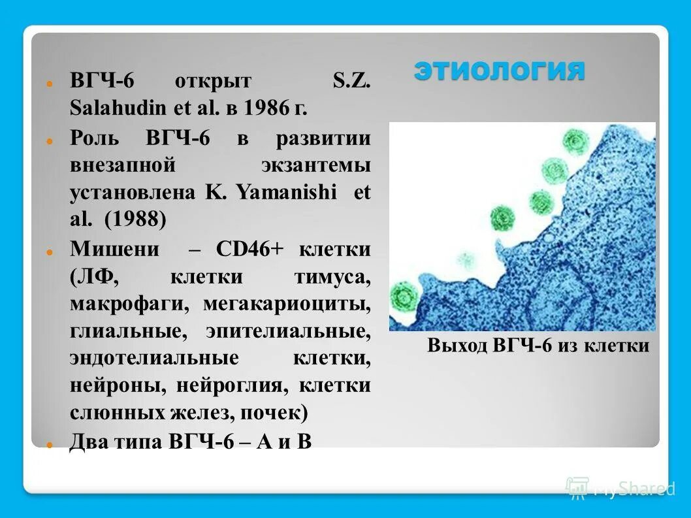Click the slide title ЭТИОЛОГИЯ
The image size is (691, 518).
click(499, 71)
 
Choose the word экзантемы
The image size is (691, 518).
click(316, 165)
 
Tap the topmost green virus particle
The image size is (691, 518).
click(575, 139)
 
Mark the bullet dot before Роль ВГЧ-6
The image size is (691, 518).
click(49, 140)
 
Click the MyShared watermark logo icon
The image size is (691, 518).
click(577, 487)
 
